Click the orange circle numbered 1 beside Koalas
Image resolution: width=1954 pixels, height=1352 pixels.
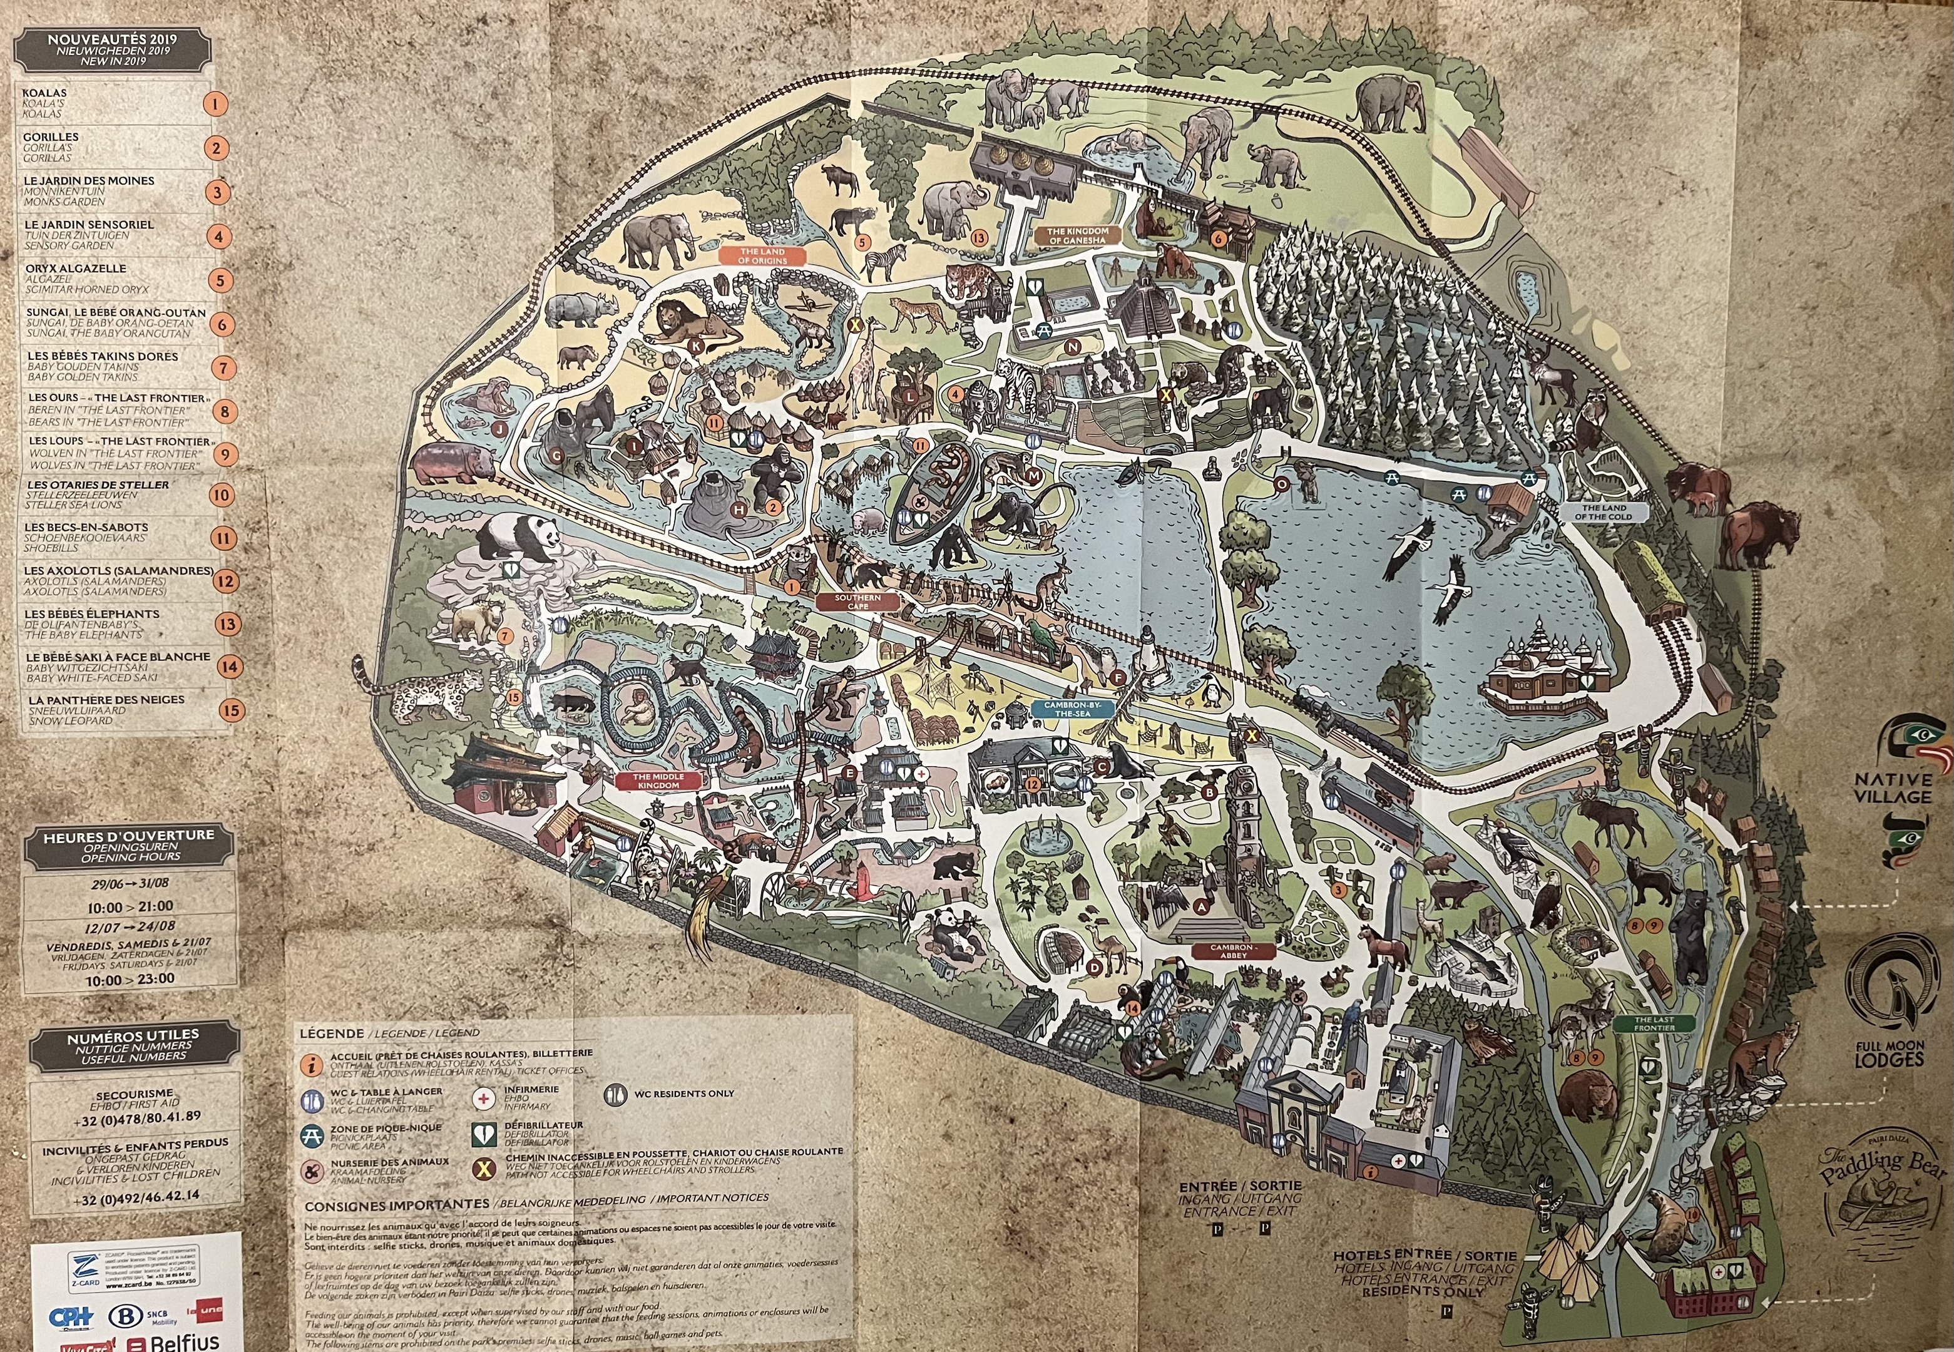(x=215, y=104)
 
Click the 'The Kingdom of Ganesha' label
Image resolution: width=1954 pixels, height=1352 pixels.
(x=1077, y=235)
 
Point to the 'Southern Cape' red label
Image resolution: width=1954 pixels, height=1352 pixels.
(x=857, y=602)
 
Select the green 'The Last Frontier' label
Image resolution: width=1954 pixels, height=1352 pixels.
(x=1654, y=1023)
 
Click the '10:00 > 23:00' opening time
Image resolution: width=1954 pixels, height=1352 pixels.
(x=130, y=978)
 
